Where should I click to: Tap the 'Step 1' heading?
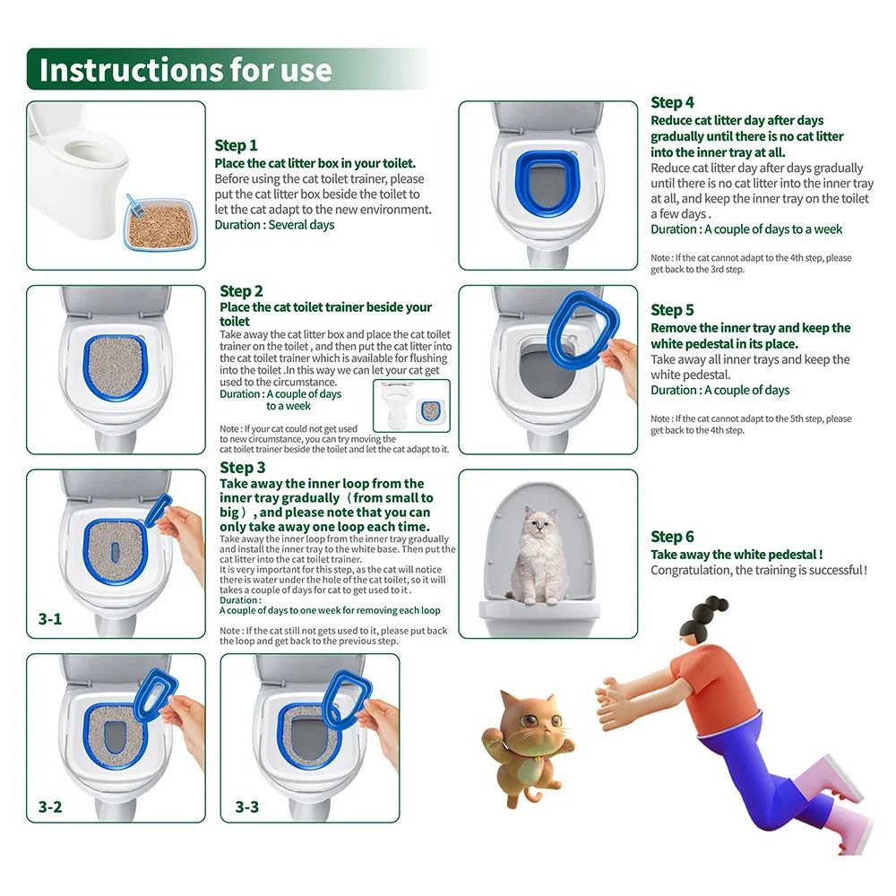[236, 145]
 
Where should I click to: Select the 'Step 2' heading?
[241, 291]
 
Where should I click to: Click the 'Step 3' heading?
[242, 468]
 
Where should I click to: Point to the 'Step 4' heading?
[672, 102]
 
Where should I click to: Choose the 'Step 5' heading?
[672, 310]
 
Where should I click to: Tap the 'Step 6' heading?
[672, 537]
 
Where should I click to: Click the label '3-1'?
[50, 619]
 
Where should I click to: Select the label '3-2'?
[50, 807]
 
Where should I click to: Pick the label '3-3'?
[246, 807]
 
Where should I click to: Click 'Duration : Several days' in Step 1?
[274, 225]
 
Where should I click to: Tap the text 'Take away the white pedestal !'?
[737, 555]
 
